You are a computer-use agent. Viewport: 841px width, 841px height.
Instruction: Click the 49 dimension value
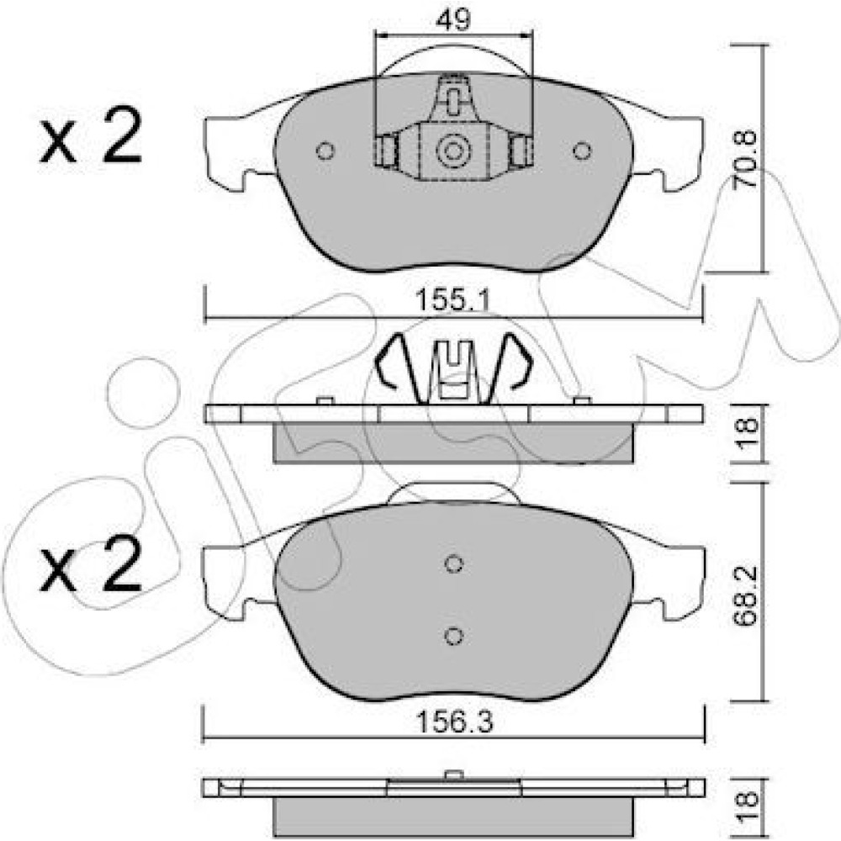tap(454, 20)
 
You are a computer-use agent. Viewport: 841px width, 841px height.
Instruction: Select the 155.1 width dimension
tap(453, 299)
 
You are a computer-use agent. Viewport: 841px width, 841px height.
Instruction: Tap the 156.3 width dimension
tap(454, 722)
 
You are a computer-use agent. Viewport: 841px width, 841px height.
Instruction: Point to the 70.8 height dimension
tap(746, 159)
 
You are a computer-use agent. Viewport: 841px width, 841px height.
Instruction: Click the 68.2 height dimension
tap(745, 596)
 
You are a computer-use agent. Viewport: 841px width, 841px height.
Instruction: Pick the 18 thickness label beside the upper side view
tap(748, 433)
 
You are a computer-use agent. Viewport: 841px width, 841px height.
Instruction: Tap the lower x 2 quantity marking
tap(91, 563)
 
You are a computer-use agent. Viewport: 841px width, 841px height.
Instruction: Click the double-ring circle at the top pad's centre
tap(453, 151)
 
